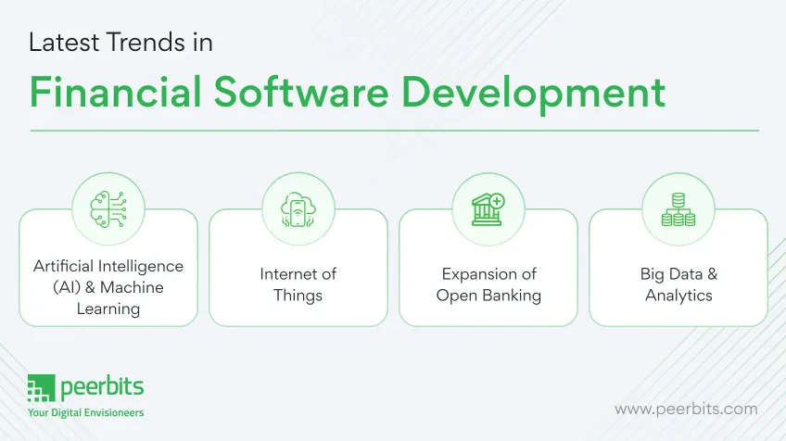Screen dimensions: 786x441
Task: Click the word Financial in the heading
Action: pos(115,93)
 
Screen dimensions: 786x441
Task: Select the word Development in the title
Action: pos(533,95)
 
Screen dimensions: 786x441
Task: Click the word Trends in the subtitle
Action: pos(146,42)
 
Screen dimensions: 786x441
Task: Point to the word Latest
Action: pos(64,42)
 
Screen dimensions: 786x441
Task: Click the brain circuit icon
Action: pos(108,209)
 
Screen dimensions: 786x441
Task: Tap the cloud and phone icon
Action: pos(298,209)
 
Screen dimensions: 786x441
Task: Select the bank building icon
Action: pos(488,209)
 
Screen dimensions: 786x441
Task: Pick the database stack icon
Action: pos(678,209)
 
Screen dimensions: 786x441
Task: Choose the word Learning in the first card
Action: pos(108,309)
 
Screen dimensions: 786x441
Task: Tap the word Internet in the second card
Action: pos(285,274)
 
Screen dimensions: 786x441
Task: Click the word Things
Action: pos(298,296)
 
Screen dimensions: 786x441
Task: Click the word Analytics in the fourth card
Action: pos(678,296)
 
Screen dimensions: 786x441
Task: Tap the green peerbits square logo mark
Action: pos(41,388)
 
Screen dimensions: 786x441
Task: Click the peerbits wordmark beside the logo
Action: pos(102,387)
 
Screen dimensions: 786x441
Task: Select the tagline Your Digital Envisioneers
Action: pos(85,412)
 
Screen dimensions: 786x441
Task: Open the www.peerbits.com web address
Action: pos(686,409)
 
